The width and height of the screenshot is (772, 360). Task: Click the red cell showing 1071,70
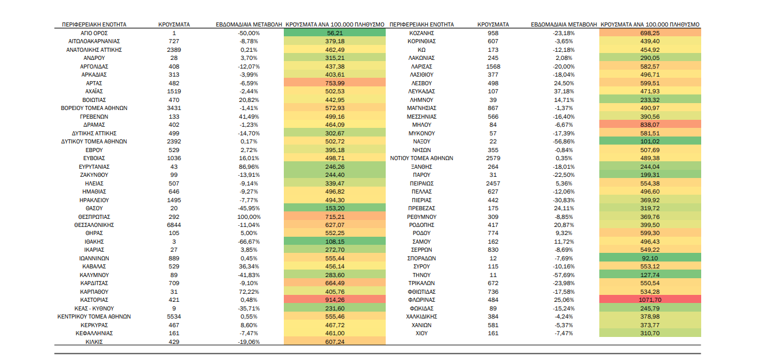(x=650, y=300)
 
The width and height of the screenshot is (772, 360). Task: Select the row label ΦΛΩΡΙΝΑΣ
(x=421, y=300)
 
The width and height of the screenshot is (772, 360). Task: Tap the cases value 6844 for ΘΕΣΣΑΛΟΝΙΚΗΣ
(x=174, y=225)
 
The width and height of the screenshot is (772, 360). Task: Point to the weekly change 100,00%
(x=249, y=217)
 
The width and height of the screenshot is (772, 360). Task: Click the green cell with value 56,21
(x=334, y=33)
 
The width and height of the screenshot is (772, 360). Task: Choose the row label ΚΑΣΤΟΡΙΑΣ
(x=94, y=300)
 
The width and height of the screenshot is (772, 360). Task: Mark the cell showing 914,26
(x=334, y=300)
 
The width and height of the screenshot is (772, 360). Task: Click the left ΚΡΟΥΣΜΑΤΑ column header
(x=174, y=25)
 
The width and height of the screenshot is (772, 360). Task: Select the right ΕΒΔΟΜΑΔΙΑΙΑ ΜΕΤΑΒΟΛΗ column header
(x=564, y=25)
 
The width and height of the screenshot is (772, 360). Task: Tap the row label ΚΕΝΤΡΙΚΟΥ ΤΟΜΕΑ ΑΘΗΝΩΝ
(x=94, y=317)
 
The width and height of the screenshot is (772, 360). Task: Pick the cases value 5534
(x=174, y=317)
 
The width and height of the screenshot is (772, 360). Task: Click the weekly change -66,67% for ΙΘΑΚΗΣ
(x=249, y=242)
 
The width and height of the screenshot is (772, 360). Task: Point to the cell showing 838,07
(x=650, y=124)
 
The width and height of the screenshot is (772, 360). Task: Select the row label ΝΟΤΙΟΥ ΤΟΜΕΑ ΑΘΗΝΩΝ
(x=421, y=158)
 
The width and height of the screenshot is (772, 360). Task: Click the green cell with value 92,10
(x=650, y=258)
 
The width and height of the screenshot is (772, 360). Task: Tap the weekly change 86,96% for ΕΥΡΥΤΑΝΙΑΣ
(x=249, y=166)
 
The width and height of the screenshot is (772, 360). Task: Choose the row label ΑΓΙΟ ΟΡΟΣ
(x=94, y=33)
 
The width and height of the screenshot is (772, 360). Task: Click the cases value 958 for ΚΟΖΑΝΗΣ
(x=493, y=33)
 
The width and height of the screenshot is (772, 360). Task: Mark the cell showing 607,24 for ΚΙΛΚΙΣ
(x=334, y=342)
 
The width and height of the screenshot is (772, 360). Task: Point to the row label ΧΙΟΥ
(x=421, y=334)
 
